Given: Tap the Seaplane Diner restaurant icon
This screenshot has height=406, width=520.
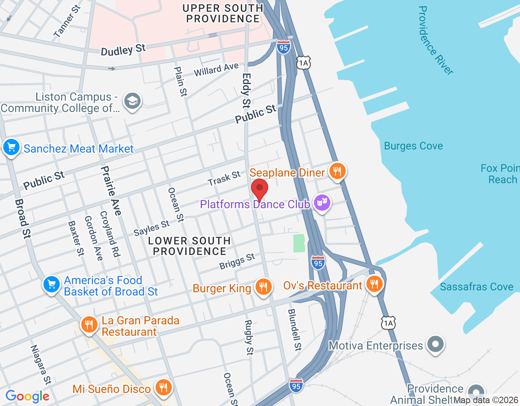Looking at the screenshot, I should tap(337, 171).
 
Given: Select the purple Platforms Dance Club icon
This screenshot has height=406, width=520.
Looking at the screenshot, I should tap(322, 203).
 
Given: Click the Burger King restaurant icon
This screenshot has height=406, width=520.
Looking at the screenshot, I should tap(263, 287).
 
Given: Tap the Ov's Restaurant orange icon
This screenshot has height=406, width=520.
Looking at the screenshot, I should tap(374, 284).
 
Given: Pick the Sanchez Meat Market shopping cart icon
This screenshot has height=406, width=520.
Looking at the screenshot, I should tap(11, 147).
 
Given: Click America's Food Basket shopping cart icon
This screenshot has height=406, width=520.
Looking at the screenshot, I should tap(52, 285).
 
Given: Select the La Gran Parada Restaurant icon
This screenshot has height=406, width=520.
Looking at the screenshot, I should tap(89, 325).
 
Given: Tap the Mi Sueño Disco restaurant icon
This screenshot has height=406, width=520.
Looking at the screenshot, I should tap(163, 388).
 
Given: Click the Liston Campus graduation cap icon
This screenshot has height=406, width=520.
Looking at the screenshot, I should tap(132, 101).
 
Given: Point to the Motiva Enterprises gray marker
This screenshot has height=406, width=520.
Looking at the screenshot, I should tap(435, 345).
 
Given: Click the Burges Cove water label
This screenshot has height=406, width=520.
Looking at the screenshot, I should tap(413, 146).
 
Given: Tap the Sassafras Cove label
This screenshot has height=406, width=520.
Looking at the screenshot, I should tap(476, 287).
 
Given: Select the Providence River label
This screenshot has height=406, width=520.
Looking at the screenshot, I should tap(435, 41).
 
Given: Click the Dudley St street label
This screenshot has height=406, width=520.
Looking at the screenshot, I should tap(123, 50).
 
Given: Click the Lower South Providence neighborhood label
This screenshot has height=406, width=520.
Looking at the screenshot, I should tap(189, 246).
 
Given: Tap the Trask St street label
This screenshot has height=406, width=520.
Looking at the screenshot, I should tap(224, 178).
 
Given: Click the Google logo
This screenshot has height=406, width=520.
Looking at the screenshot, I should tap(28, 396).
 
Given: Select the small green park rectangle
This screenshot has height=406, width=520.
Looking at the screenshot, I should tap(299, 243).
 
